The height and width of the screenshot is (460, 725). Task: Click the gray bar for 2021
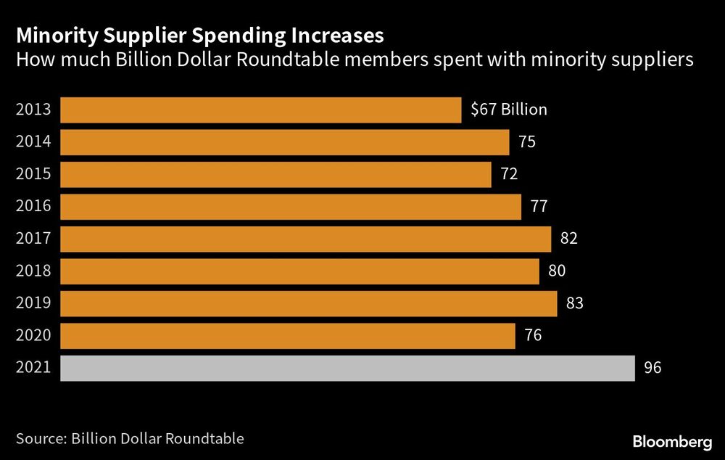click(347, 369)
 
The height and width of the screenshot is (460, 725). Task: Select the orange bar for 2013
click(260, 110)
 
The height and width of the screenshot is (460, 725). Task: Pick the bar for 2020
click(287, 336)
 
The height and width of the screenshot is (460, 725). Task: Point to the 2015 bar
click(275, 175)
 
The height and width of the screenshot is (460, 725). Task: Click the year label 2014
click(33, 142)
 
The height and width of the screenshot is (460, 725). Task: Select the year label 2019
click(33, 304)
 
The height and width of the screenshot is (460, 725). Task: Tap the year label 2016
click(33, 207)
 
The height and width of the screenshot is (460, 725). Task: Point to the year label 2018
click(33, 271)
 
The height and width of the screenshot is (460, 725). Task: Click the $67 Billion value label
click(509, 110)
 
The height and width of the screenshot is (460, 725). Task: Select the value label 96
click(652, 369)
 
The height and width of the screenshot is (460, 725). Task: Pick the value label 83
click(575, 304)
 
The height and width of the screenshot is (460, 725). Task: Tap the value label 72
click(509, 175)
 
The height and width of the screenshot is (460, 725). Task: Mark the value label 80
click(557, 271)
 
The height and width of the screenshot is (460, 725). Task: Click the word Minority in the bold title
click(51, 36)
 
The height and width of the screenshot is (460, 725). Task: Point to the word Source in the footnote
click(38, 439)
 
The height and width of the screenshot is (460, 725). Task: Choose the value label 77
click(539, 207)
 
